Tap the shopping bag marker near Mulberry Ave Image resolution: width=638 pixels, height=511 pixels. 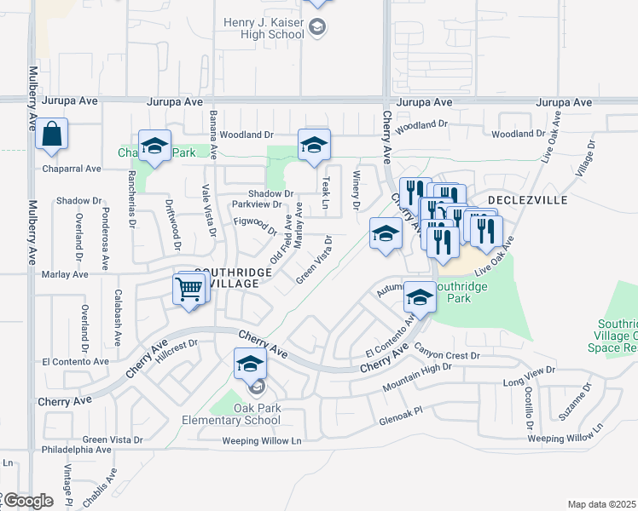pos(52,135)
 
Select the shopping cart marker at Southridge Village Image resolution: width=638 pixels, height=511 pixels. pos(189,289)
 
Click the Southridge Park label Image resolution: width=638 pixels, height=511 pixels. pos(466,294)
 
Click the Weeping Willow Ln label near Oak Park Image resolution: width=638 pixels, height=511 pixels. pos(262,441)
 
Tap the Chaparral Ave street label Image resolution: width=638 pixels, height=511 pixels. pos(72,169)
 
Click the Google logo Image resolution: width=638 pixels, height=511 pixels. pos(27,501)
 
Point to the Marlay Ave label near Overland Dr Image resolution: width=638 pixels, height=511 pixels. pos(65,274)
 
